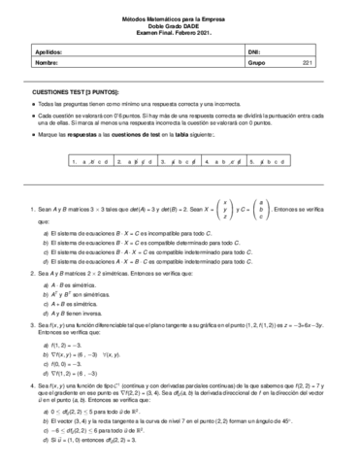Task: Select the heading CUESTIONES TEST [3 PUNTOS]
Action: point(73,88)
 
